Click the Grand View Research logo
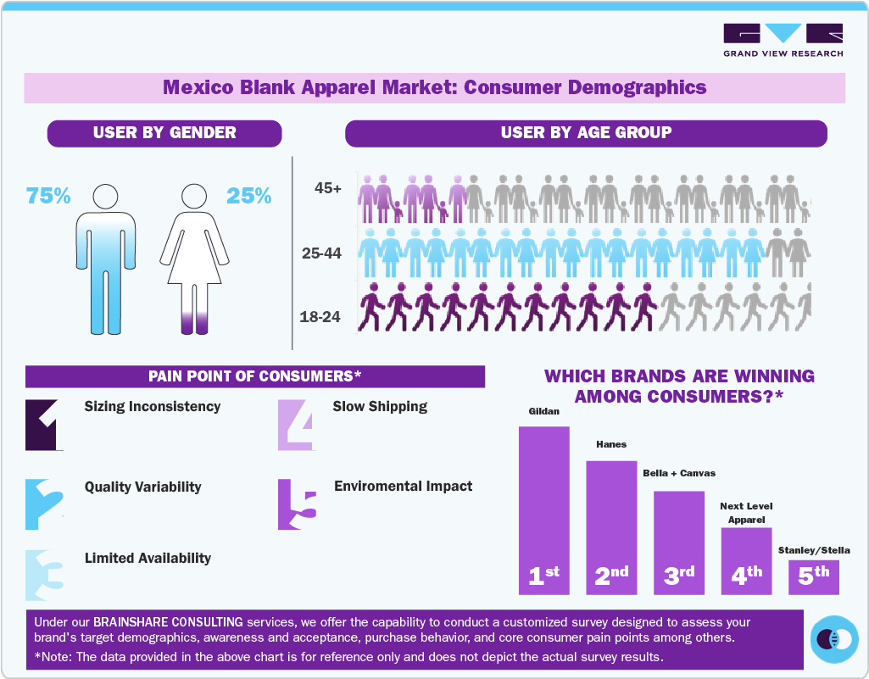point(783,40)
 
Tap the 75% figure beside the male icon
point(48,196)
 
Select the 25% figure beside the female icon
point(248,196)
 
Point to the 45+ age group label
point(327,189)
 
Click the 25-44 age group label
point(321,253)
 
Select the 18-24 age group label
point(320,317)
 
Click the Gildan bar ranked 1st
point(543,509)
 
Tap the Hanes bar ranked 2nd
point(610,526)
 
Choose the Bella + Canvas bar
point(678,542)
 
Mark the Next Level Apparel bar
point(746,559)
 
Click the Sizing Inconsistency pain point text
point(153,407)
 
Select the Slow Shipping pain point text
point(380,407)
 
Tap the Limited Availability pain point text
point(148,559)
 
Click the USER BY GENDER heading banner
point(164,133)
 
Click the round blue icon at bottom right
point(834,639)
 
